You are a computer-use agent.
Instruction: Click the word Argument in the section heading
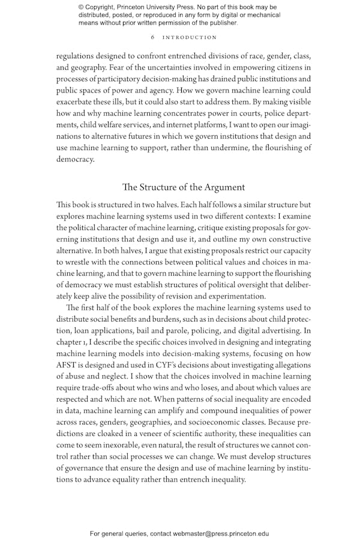coord(222,187)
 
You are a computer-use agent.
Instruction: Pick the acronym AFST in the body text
coord(68,354)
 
